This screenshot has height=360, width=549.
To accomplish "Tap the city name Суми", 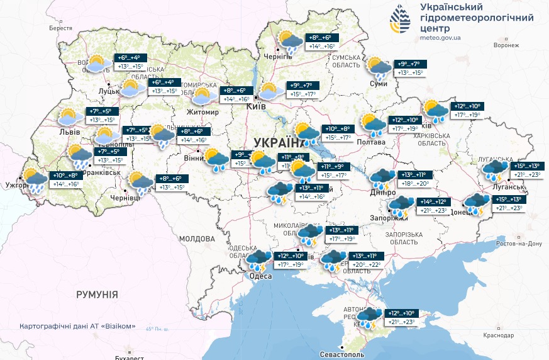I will pos(378,83).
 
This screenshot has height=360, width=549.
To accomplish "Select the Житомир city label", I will pos(202,112).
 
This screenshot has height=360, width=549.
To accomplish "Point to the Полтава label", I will pos(370,143).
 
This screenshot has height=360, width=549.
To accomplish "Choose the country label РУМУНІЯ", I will pos(97,295).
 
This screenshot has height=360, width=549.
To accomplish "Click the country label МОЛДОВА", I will pos(197,239).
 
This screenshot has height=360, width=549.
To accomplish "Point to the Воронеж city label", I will pos(506,45).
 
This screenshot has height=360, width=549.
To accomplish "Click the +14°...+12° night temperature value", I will pos(433,201).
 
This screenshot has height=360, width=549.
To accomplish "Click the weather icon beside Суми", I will pos(379,67).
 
